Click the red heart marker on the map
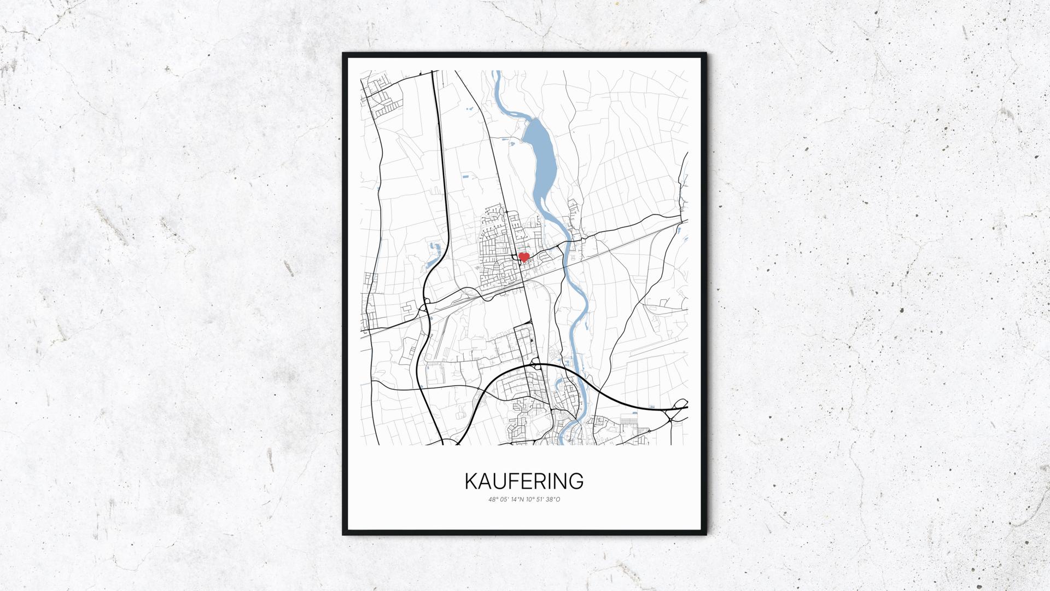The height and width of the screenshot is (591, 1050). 523,257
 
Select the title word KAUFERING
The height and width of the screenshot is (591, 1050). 524,481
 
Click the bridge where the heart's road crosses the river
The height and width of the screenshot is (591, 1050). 569,241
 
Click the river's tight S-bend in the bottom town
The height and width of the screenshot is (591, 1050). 569,421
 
